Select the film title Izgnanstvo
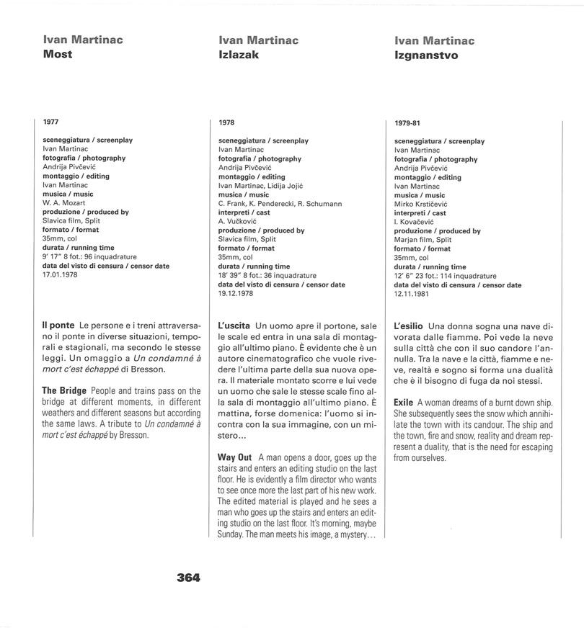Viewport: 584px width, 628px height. point(426,55)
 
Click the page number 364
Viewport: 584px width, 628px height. point(188,577)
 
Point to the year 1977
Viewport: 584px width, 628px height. point(51,122)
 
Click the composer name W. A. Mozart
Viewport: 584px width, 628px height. point(64,203)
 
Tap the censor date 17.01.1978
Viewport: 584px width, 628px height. point(60,274)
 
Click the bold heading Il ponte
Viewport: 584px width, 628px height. point(58,326)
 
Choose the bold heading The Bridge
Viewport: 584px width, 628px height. point(63,390)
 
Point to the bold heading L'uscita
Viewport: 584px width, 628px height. point(234,326)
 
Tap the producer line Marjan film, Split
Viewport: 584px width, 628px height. point(423,240)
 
